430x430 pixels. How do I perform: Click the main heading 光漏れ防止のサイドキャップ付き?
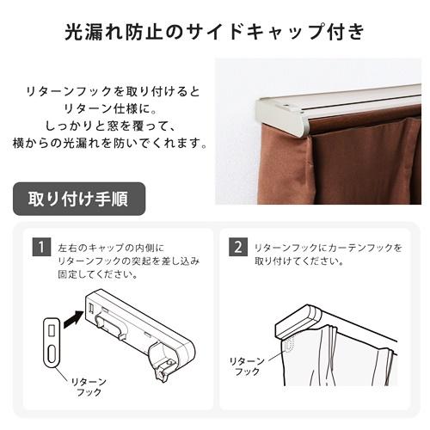tap(215, 32)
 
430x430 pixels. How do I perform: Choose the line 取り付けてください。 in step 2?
tap(297, 261)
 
